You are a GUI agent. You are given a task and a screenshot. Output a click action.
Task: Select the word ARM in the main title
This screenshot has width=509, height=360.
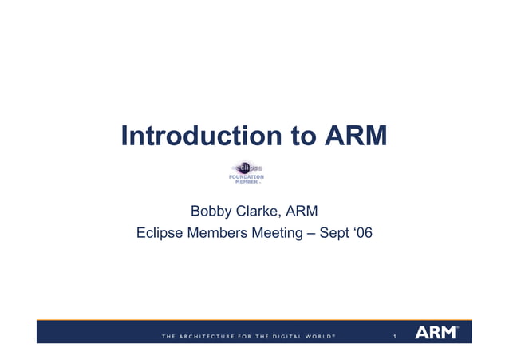357,136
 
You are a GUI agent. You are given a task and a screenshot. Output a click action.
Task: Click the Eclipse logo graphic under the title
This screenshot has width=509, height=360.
246,168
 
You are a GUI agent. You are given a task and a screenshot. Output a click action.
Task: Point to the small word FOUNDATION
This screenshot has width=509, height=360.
247,176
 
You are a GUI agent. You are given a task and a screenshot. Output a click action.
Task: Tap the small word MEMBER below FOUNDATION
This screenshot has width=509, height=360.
246,182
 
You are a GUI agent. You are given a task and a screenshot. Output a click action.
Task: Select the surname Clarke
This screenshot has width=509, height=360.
258,212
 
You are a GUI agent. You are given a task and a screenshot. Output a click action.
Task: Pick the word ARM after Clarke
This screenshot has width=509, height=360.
302,212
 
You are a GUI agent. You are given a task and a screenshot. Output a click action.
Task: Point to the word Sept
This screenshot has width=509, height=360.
334,234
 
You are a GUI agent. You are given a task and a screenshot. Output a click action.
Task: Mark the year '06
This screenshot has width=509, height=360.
363,234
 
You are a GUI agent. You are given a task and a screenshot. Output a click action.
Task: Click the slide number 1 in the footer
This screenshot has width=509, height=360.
394,336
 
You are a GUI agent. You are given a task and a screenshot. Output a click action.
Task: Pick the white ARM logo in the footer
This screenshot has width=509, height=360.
436,332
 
